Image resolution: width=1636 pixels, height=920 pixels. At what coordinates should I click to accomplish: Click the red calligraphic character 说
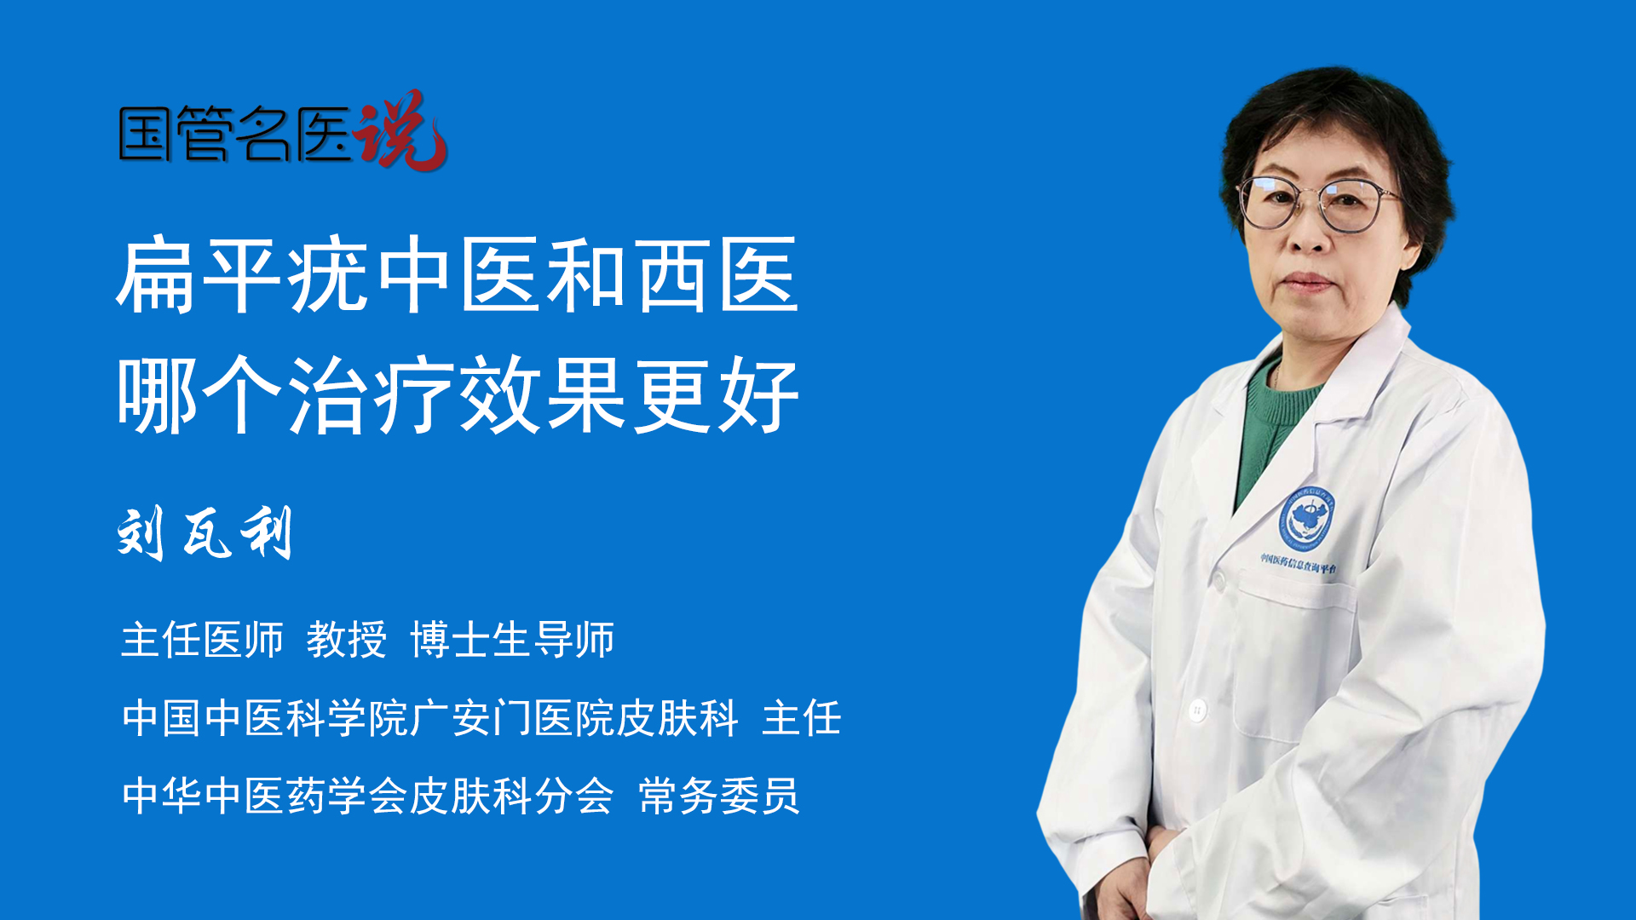coord(400,130)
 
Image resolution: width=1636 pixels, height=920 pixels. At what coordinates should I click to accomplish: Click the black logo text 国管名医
coord(235,134)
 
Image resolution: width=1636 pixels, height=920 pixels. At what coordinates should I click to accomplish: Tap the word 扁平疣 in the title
coord(243,275)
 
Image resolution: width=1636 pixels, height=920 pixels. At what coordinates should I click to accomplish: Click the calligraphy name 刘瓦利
coord(205,532)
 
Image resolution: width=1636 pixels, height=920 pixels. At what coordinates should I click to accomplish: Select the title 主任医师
coord(202,639)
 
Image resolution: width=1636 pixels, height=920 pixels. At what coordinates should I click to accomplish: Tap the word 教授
coord(347,639)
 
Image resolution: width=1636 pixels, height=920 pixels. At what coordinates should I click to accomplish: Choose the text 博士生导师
coord(512,639)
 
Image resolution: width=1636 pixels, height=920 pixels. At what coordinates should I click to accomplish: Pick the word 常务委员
coord(719,796)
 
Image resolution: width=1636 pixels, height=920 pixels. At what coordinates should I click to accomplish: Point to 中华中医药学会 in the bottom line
coord(265,796)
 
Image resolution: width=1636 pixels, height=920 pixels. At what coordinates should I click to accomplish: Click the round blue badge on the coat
coord(1305,519)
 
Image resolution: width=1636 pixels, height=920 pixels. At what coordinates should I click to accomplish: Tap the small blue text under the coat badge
coord(1299,563)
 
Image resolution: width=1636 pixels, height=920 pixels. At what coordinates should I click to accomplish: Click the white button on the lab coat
coord(1197,709)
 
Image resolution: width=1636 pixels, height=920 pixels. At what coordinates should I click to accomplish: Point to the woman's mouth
coord(1305,281)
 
